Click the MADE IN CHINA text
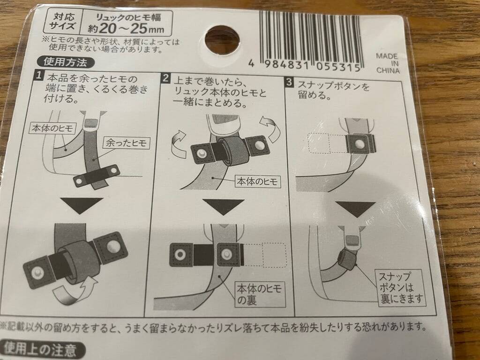click(x=388, y=63)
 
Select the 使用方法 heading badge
click(x=65, y=62)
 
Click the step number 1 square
click(x=38, y=75)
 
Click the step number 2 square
click(x=165, y=78)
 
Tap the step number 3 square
click(x=289, y=82)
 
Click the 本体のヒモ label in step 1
click(x=53, y=127)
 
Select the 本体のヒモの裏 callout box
click(x=260, y=294)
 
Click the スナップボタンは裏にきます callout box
click(x=401, y=287)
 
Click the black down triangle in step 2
click(x=224, y=207)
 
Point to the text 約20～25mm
click(x=126, y=29)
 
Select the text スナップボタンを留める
click(x=334, y=90)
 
